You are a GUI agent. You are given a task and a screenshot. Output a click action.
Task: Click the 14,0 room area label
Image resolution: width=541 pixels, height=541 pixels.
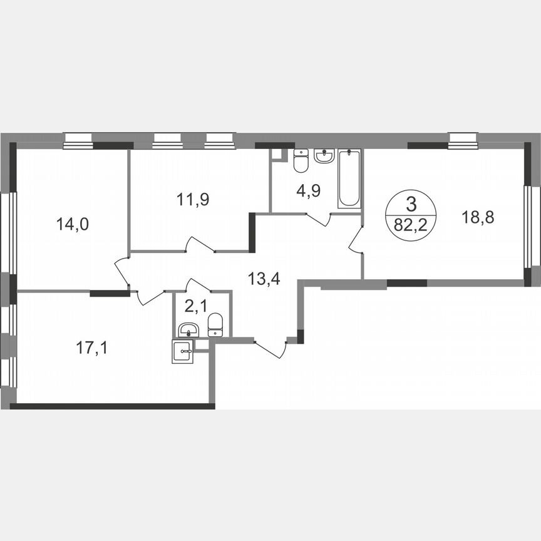(x=73, y=224)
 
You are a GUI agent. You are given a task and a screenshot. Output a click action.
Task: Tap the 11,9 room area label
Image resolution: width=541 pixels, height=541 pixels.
(x=192, y=200)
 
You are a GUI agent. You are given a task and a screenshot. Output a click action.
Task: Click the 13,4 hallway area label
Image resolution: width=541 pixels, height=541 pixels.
(x=264, y=278)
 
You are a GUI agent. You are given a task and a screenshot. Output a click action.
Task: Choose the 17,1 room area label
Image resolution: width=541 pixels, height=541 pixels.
(x=92, y=348)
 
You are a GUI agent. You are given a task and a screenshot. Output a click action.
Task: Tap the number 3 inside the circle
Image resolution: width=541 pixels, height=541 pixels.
(x=411, y=204)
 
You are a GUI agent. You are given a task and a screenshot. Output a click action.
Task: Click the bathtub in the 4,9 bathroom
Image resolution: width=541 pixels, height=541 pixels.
(x=349, y=178)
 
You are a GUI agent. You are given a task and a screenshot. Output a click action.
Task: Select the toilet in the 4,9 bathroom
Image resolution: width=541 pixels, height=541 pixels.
(x=301, y=161)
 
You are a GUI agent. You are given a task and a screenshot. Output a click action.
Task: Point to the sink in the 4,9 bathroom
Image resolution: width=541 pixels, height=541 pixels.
(x=324, y=156)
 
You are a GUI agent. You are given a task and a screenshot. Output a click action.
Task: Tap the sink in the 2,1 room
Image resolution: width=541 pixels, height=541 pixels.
(x=187, y=330)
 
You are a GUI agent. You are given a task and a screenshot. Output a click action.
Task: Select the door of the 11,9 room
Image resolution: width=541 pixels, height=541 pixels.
(x=202, y=245)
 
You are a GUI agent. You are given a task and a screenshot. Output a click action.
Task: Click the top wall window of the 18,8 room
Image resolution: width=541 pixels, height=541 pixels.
(x=463, y=141)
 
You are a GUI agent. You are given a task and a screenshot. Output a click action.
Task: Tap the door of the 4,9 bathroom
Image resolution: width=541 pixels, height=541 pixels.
(x=319, y=219)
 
